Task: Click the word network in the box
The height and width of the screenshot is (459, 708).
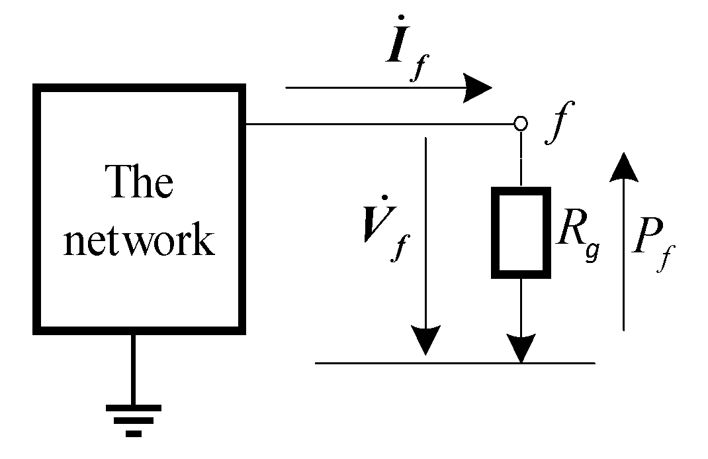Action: click(139, 241)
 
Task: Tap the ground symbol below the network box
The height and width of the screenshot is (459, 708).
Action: click(134, 420)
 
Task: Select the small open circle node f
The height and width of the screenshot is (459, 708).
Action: click(521, 123)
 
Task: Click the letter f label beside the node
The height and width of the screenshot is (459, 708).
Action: click(554, 123)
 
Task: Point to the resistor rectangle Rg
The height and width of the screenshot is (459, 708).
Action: click(521, 232)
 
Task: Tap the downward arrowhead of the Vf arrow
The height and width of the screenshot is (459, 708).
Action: click(425, 340)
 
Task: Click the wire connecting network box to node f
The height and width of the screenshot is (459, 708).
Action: click(377, 124)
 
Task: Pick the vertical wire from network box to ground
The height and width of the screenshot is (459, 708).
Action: click(134, 368)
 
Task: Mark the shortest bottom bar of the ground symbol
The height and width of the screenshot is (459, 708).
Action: click(134, 434)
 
